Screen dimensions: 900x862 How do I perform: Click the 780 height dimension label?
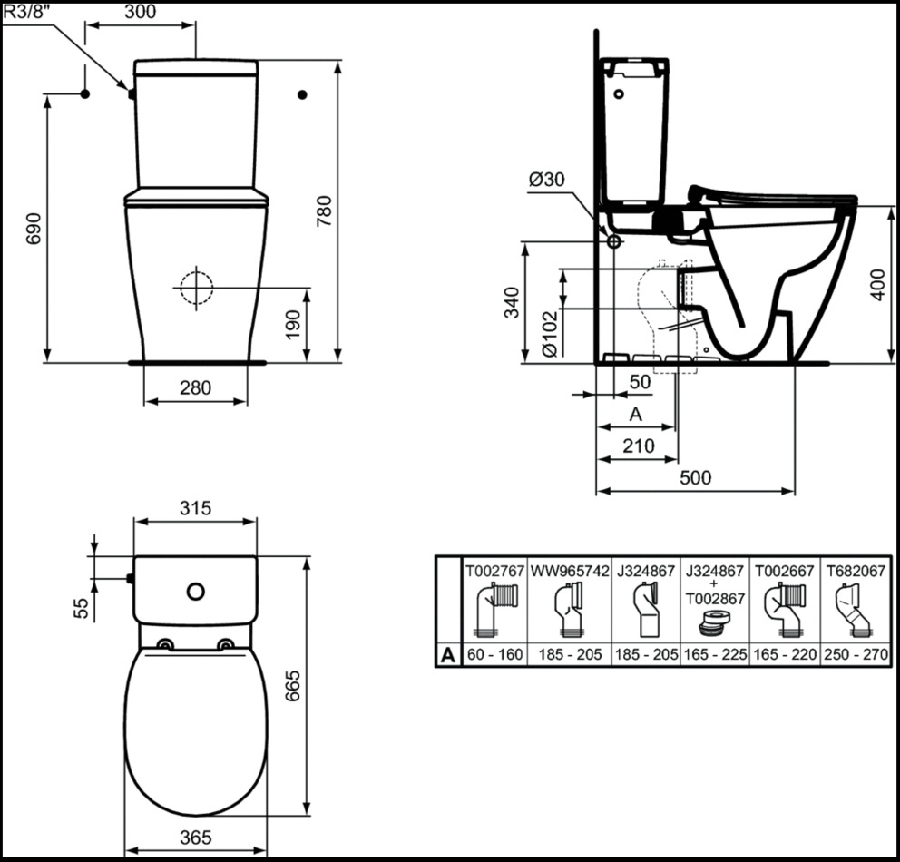coord(325,211)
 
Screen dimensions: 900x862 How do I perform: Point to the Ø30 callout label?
coord(546,180)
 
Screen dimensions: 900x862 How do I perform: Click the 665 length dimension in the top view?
coord(292,685)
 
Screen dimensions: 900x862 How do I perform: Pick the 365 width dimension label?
coord(196,838)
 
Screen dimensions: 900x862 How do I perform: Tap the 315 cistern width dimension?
coord(196,508)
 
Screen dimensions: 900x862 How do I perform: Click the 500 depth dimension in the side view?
coord(695,477)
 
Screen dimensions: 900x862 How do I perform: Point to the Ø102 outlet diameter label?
coord(549,333)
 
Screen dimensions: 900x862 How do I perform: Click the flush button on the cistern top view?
coord(196,591)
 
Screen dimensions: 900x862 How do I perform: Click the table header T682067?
coord(856,571)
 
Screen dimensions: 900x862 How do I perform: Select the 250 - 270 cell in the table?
coord(856,654)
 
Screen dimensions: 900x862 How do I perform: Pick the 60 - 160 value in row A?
coord(494,654)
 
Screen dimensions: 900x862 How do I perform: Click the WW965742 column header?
coord(570,571)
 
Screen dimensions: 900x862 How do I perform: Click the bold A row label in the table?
coord(447,655)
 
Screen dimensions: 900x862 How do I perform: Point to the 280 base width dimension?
coord(196,388)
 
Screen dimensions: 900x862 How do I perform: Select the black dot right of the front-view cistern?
coord(302,94)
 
